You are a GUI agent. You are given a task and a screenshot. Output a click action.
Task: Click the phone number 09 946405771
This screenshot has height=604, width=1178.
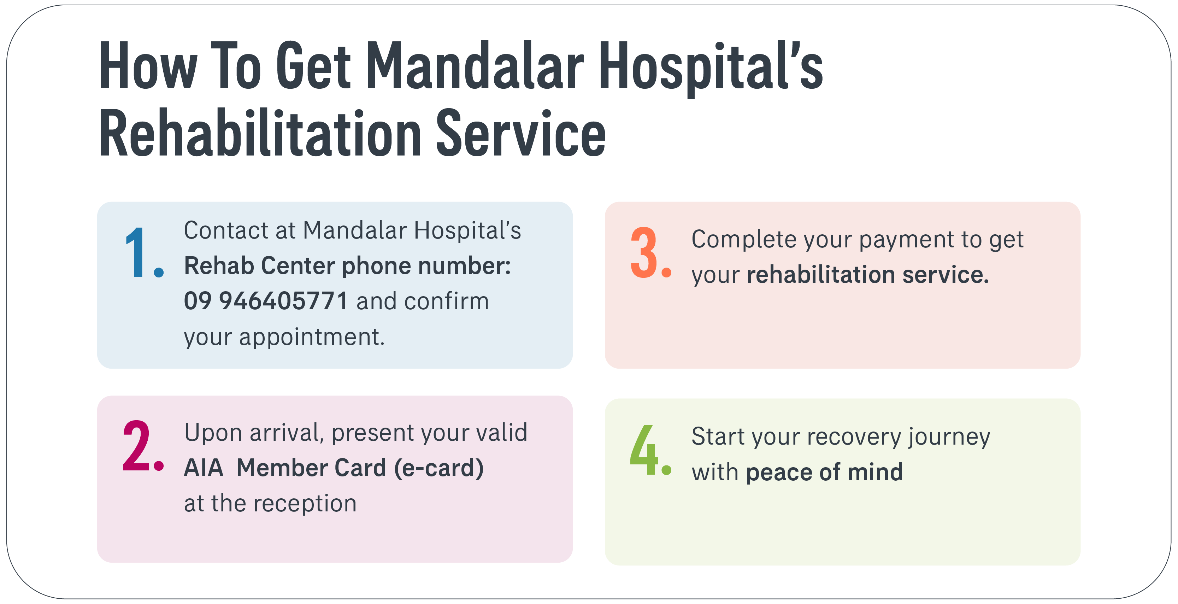(x=266, y=301)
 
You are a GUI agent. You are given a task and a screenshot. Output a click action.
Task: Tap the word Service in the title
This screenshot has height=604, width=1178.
(x=521, y=134)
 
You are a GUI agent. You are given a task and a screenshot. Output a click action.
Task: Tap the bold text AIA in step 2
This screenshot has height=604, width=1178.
(x=204, y=468)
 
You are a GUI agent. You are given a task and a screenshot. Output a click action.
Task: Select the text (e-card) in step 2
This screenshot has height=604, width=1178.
(x=439, y=468)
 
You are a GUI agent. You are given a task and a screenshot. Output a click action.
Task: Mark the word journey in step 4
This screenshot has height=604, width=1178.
(x=949, y=437)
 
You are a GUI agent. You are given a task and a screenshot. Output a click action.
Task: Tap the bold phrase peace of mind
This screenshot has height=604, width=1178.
(x=825, y=472)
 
